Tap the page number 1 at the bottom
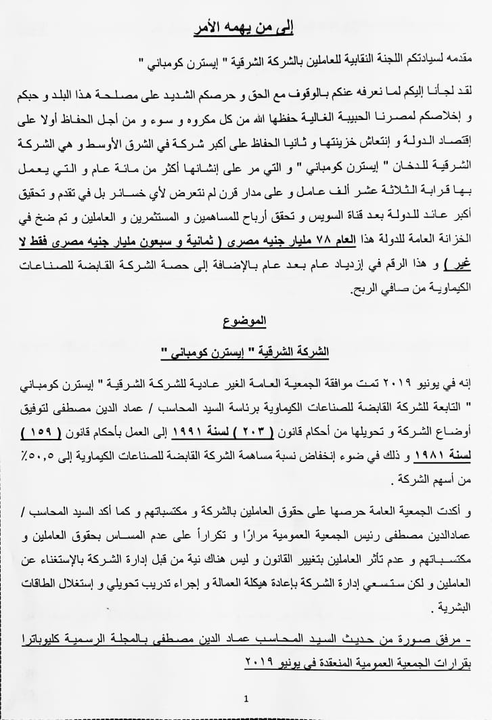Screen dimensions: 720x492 pyautogui.click(x=246, y=698)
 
